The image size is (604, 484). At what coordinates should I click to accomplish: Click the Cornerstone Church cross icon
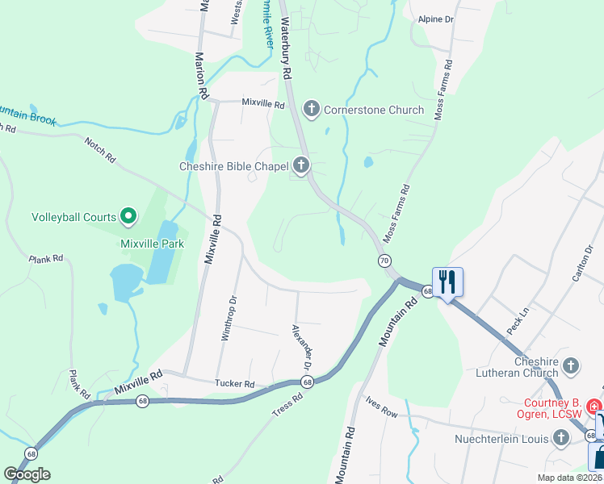click(311, 109)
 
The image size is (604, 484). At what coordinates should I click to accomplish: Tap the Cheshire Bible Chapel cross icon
click(301, 167)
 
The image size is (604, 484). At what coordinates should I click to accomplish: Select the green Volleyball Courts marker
click(128, 216)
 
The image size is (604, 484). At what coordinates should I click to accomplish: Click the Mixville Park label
click(152, 244)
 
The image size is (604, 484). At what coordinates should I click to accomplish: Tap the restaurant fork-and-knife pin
click(447, 282)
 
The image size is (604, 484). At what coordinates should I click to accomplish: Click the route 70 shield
click(384, 261)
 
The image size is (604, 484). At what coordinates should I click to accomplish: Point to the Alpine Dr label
click(436, 18)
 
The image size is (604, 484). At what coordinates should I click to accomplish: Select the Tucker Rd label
click(234, 384)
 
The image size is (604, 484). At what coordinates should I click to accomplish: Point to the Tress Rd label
click(287, 403)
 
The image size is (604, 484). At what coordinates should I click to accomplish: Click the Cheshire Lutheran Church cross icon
click(571, 365)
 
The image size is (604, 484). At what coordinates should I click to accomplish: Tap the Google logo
click(27, 474)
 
